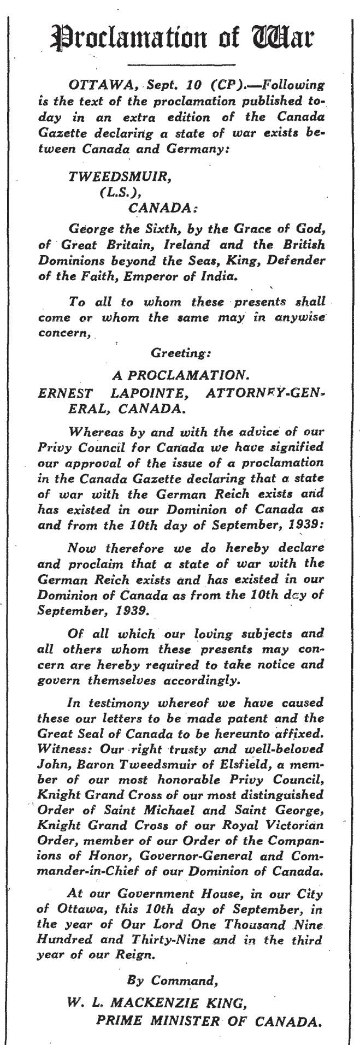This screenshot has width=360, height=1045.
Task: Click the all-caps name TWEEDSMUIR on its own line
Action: click(111, 177)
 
